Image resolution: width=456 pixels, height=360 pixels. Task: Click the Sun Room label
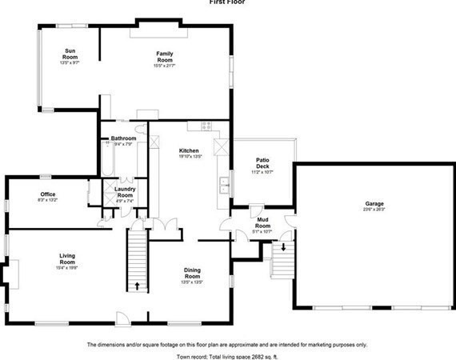70,54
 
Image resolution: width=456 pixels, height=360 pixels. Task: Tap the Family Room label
165,57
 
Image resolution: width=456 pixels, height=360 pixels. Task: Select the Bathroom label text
124,139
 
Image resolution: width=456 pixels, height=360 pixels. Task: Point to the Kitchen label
189,151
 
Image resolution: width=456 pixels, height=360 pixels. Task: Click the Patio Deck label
262,163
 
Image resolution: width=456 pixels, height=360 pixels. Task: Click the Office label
48,194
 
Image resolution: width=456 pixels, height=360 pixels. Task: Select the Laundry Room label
125,193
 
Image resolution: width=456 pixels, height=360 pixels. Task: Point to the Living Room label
67,258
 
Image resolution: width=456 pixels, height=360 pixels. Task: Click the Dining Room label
192,273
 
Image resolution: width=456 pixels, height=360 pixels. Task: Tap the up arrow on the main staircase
138,285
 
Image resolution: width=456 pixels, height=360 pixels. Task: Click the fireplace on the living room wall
8,274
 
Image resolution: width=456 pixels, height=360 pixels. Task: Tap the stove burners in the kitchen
206,126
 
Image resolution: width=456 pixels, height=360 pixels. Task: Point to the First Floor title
228,3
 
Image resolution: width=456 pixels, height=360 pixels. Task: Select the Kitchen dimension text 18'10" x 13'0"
189,157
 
